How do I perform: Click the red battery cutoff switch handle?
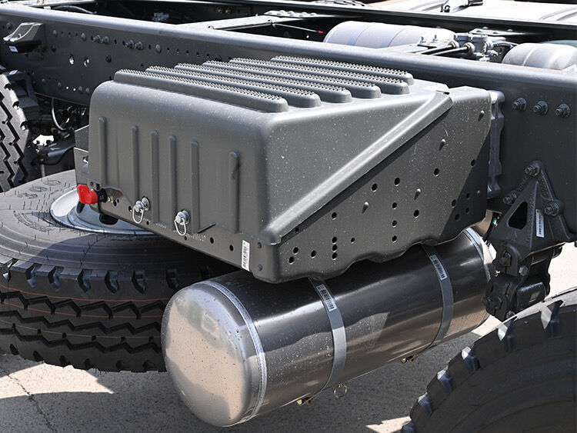[x=88, y=195]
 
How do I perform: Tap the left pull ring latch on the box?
[x=139, y=208]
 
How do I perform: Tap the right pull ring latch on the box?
[x=182, y=221]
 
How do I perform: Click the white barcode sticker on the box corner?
[x=245, y=255]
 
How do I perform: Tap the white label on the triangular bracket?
[x=540, y=223]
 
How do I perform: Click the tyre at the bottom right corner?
[x=508, y=377]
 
